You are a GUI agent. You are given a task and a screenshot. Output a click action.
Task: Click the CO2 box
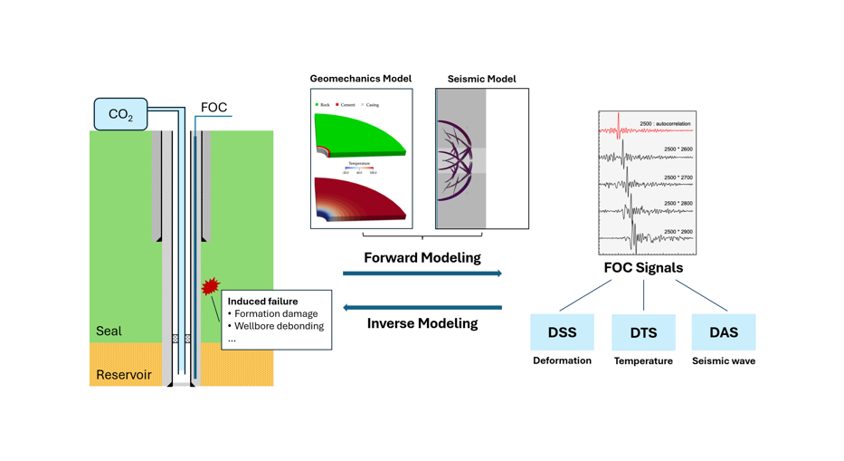[120, 114]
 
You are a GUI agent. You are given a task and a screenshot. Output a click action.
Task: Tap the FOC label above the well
[213, 108]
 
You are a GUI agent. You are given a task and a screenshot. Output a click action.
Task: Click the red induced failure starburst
[210, 287]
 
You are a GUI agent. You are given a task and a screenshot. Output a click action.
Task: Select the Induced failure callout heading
[262, 302]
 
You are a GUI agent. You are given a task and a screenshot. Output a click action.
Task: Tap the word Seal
[109, 331]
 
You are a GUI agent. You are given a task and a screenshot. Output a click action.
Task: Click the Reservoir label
[124, 375]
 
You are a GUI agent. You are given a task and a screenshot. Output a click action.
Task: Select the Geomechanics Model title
[360, 79]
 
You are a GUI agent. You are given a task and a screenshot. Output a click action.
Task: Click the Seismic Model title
[481, 79]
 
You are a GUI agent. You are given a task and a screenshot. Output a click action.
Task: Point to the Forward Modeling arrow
[422, 273]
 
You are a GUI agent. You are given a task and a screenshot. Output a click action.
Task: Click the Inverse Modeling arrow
[422, 308]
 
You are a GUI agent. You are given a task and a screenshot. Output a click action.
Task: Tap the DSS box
[562, 332]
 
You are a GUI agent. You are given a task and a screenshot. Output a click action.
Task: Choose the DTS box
[643, 332]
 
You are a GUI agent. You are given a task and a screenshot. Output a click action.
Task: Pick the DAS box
[724, 332]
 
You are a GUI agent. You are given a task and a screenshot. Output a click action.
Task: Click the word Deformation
[562, 360]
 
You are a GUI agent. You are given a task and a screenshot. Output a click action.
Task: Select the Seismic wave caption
[724, 360]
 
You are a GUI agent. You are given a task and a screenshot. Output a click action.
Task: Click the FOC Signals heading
[643, 268]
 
